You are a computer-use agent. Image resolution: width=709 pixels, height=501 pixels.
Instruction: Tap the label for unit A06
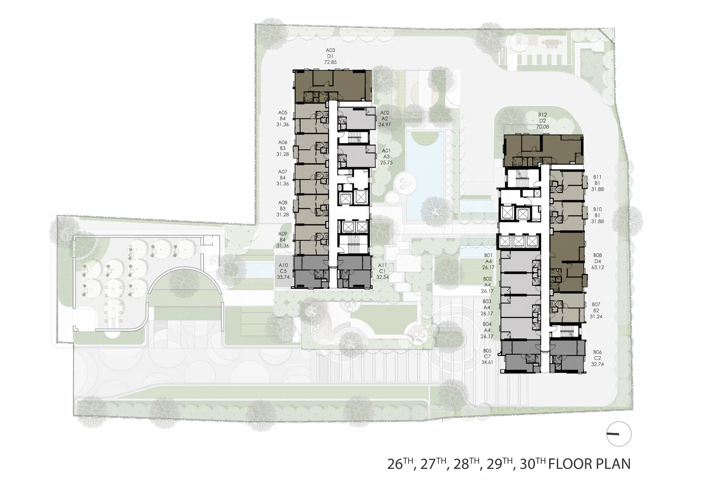283,148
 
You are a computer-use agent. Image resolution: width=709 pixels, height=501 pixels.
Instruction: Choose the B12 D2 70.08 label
543,121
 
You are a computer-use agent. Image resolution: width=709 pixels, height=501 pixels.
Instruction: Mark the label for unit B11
597,183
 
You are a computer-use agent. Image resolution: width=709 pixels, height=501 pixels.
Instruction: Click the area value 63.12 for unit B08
598,268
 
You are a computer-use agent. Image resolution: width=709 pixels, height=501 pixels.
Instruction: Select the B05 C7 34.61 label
487,357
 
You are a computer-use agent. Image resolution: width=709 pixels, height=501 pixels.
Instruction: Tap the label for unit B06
597,358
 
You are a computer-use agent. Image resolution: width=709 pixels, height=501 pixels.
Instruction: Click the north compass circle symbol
619,434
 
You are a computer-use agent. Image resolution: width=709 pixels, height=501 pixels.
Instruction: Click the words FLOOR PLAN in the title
589,464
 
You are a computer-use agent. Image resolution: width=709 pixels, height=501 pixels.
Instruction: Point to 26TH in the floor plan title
400,464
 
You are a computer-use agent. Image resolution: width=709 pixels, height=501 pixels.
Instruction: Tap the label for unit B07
596,310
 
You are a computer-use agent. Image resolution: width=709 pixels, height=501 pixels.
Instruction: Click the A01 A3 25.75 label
387,157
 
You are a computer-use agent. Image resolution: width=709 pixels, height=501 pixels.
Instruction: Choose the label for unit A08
283,208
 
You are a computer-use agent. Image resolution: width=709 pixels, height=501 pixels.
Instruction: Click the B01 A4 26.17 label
488,261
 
